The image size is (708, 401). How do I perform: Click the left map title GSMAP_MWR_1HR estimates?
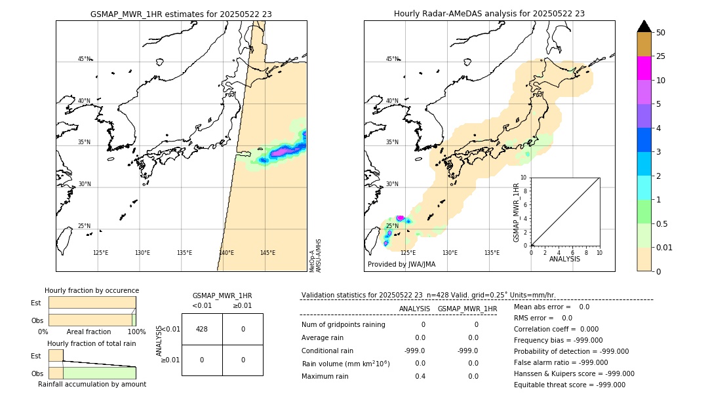(x=181, y=14)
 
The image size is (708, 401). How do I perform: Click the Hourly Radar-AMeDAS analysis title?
(x=489, y=14)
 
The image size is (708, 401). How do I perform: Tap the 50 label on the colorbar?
(x=661, y=33)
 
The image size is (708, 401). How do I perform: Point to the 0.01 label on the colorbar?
(x=665, y=247)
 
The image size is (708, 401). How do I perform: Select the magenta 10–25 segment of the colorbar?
(x=644, y=68)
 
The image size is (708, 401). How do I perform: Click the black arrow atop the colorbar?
(x=644, y=26)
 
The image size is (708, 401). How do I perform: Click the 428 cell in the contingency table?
(x=202, y=329)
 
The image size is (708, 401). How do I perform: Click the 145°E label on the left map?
(x=267, y=253)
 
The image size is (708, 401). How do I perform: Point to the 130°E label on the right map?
(x=450, y=253)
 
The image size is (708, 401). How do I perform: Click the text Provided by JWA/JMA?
(x=401, y=265)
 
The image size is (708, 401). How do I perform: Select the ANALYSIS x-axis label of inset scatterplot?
(x=564, y=259)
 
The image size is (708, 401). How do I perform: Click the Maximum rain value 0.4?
(x=420, y=376)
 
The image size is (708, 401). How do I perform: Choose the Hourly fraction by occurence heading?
(x=92, y=290)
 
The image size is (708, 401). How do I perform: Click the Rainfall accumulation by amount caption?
(x=92, y=384)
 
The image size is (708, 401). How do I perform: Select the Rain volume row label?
(x=345, y=364)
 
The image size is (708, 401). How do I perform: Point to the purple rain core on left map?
(x=283, y=151)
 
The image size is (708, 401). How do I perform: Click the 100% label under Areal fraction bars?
(x=136, y=332)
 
